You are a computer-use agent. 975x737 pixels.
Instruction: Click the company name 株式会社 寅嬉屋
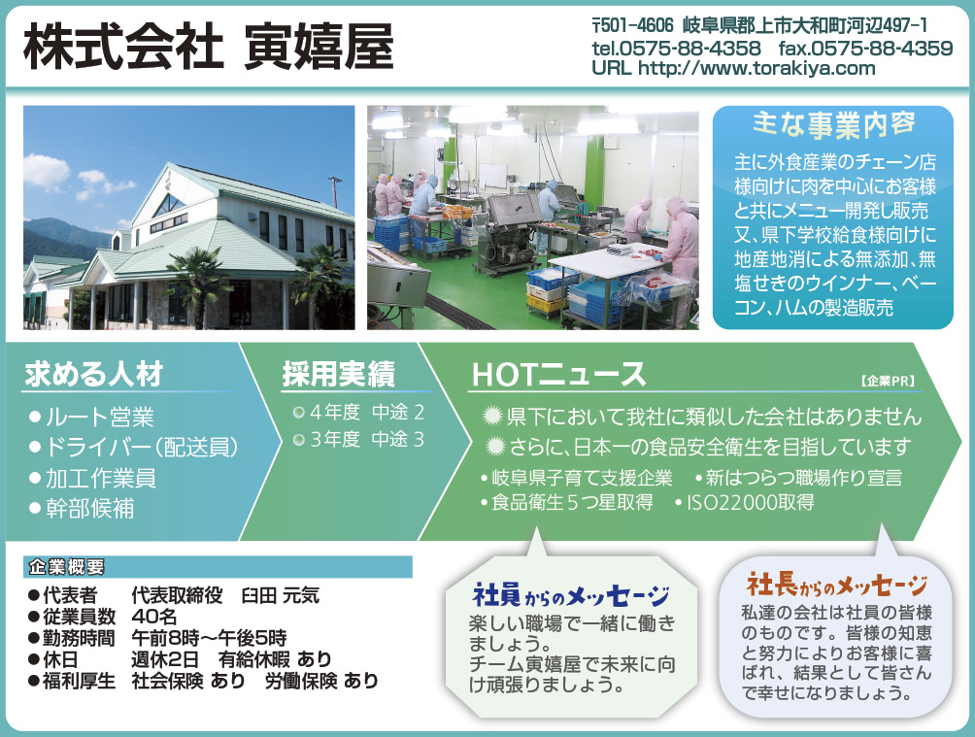pos(209,47)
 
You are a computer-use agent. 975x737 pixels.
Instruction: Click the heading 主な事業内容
pos(833,124)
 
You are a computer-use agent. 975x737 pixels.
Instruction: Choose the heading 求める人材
pos(94,374)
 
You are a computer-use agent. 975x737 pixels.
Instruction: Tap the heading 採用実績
pos(339,375)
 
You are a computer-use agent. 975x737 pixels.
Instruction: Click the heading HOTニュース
pos(559,375)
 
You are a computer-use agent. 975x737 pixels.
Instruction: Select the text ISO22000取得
pos(751,502)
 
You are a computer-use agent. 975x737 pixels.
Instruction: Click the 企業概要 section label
pos(67,567)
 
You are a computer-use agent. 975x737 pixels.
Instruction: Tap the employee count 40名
pos(154,617)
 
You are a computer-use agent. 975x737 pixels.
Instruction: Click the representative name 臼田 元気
pos(280,595)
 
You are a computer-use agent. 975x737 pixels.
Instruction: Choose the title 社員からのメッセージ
pos(571,596)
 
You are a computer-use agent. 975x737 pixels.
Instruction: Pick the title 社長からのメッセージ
pos(836,585)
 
